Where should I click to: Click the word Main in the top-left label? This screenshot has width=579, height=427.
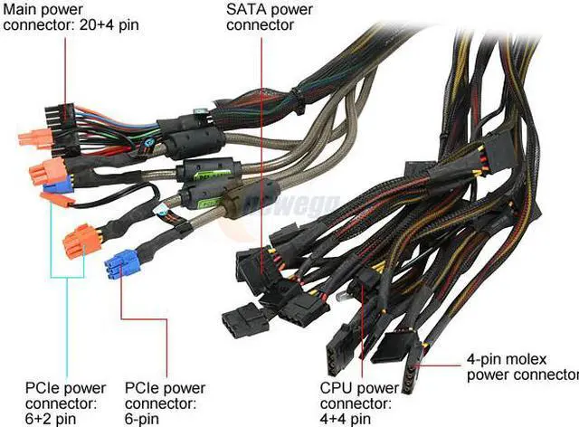click(x=20, y=10)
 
